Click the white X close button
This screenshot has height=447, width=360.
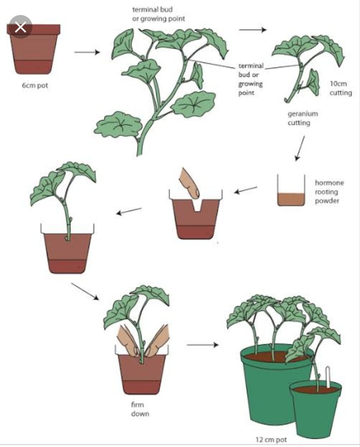click(x=20, y=28)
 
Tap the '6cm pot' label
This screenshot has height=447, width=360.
click(x=35, y=86)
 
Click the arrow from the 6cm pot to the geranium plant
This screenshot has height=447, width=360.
click(x=87, y=52)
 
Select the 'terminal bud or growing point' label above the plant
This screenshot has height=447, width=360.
click(x=159, y=14)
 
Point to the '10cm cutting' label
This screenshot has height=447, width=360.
click(x=341, y=88)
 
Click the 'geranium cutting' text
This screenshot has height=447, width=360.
click(x=302, y=118)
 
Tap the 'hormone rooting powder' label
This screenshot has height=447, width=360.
click(x=329, y=192)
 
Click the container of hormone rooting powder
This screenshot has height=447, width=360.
click(x=291, y=190)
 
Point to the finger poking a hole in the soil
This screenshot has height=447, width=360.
click(x=189, y=184)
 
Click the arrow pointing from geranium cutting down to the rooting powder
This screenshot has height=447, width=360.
click(x=300, y=148)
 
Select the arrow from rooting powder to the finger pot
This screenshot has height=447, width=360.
click(x=246, y=190)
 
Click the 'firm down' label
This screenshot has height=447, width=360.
click(x=140, y=409)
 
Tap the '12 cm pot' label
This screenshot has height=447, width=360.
click(x=271, y=440)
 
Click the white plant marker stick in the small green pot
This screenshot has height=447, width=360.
click(x=328, y=377)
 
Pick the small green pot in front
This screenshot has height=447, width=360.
click(x=316, y=411)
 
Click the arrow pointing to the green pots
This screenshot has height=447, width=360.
click(x=203, y=345)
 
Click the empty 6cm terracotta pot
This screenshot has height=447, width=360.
click(x=34, y=49)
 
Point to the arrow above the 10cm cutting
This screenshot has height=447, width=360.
click(x=253, y=29)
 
